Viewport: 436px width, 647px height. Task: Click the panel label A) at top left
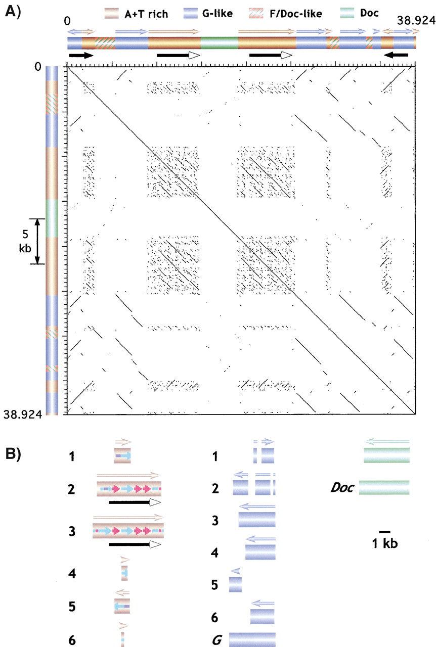click(13, 13)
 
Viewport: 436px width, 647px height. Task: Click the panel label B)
click(13, 454)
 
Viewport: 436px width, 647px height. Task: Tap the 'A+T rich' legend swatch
click(112, 13)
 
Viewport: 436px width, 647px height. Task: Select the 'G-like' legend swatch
click(191, 13)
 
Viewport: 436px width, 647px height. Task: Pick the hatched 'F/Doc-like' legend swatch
click(256, 13)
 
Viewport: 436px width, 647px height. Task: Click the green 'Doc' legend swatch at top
click(347, 13)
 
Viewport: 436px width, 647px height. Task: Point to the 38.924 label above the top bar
click(416, 21)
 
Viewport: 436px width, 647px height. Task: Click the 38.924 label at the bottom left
click(23, 415)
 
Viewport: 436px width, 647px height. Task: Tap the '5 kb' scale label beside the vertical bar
click(25, 241)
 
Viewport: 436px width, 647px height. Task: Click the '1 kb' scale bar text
click(384, 543)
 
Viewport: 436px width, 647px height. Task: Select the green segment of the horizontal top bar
click(220, 43)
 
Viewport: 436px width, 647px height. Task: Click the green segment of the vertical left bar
click(52, 218)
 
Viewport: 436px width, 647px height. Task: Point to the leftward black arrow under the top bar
click(397, 55)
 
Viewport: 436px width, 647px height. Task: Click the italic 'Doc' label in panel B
click(342, 487)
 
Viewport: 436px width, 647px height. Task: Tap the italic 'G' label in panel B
click(217, 640)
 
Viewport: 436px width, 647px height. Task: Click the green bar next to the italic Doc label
click(384, 488)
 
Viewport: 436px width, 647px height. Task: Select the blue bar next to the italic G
click(252, 639)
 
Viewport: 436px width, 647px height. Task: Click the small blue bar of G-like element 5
click(235, 585)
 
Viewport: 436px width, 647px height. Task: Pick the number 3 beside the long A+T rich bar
click(72, 531)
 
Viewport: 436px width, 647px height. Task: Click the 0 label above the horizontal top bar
click(67, 21)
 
